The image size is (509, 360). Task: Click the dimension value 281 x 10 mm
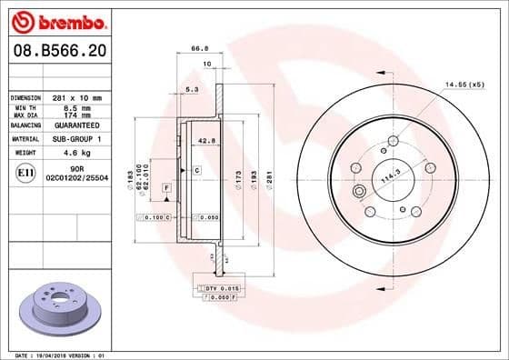pos(77,97)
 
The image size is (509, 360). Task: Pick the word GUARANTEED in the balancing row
pos(77,125)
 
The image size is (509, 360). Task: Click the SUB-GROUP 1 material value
pos(77,139)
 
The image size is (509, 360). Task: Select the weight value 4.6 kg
pos(77,154)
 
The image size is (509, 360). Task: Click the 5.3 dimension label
pos(191,90)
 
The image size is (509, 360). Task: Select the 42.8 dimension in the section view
pos(205,141)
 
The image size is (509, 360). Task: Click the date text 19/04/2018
pos(66,355)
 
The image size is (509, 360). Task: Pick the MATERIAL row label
pos(24,139)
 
